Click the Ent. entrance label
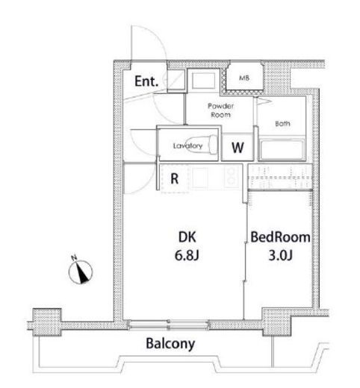pos(146,81)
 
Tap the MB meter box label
pos(244,78)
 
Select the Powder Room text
pos(220,110)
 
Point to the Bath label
pos(282,123)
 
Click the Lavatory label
pos(187,145)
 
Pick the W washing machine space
pos(238,148)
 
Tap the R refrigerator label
pos(175,178)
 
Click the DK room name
pos(187,237)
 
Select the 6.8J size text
pos(187,255)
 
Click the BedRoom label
pos(280,237)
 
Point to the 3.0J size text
pos(280,255)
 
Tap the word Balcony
pos(170,344)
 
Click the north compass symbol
pos(81,271)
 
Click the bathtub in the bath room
pos(282,150)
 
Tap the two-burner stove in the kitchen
pos(232,176)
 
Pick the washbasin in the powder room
pos(203,81)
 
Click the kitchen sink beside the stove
pos(199,177)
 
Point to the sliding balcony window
pos(169,325)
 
